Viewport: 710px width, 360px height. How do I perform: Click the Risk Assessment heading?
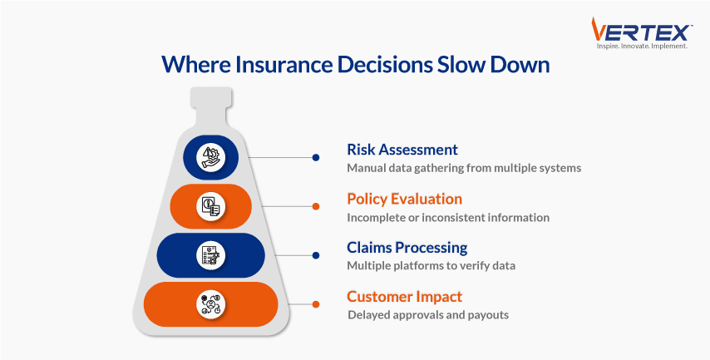tap(402, 150)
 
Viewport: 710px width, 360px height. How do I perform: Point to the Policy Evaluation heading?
tap(404, 199)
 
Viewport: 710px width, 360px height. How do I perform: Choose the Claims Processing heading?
tap(407, 248)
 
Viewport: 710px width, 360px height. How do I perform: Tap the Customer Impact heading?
tap(404, 297)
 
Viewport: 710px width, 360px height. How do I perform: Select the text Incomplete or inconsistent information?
tap(448, 217)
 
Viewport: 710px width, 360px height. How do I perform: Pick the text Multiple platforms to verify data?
tap(431, 265)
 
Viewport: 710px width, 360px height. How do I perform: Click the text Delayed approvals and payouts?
tap(428, 315)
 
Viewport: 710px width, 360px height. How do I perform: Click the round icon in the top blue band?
tap(211, 156)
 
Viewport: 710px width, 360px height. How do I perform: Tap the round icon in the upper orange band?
tap(211, 206)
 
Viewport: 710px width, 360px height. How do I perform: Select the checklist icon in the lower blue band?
tap(211, 255)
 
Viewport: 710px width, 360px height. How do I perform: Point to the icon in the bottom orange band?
tap(211, 304)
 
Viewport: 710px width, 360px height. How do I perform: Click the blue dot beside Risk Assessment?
tap(316, 156)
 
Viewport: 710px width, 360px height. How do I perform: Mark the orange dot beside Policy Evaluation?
tap(316, 206)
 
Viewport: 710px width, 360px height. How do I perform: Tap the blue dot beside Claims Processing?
tap(316, 255)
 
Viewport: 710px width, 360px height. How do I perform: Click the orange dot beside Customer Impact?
tap(316, 304)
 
